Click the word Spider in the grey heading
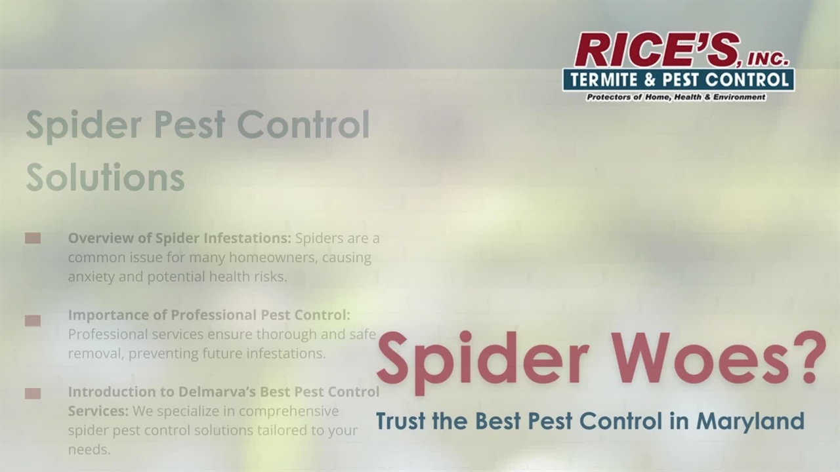point(83,125)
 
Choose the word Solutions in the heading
point(105,176)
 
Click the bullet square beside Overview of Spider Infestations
point(33,238)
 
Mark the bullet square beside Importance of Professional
point(33,321)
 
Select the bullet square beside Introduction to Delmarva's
point(33,393)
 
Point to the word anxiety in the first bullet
point(91,276)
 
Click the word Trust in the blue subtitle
point(401,420)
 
